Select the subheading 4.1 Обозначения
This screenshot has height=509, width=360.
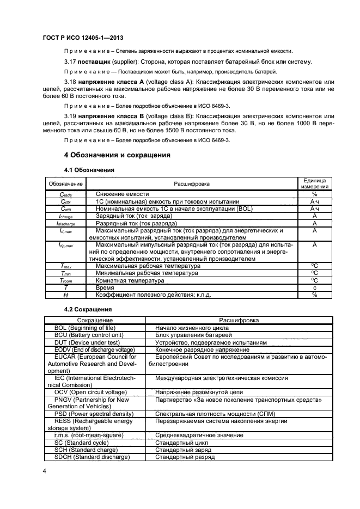tap(89, 170)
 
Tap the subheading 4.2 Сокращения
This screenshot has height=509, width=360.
tap(89, 309)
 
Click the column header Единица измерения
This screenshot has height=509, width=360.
tap(314, 183)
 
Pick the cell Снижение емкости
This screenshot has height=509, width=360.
tap(122, 194)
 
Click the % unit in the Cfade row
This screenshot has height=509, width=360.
tap(314, 194)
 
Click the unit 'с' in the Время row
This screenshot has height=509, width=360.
tap(314, 287)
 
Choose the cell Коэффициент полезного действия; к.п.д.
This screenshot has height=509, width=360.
tap(153, 295)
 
